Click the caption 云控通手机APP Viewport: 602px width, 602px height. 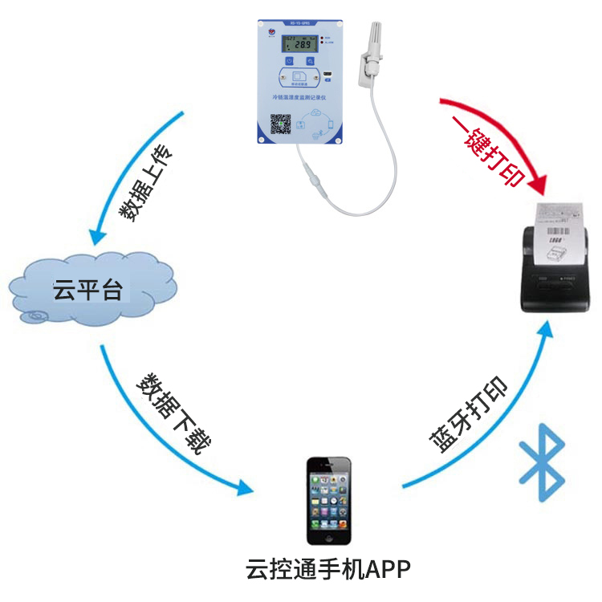point(327,571)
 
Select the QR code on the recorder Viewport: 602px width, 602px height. point(280,125)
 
